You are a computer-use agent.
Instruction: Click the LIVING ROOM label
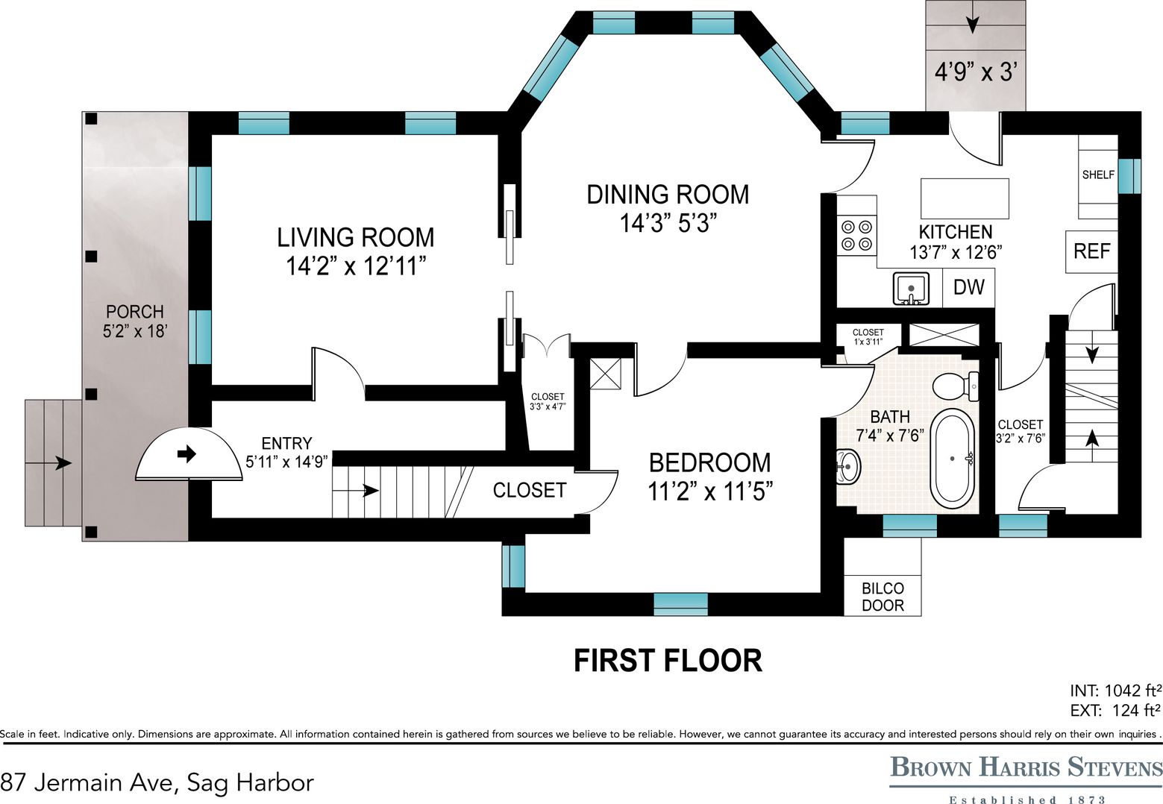pos(356,238)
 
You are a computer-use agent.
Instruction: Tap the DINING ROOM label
pos(668,195)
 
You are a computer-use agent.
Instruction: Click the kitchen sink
pos(911,289)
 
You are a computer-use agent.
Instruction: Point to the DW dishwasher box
pos(969,287)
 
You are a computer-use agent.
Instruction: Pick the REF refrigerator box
pos(1091,252)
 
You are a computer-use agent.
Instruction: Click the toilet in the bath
pos(956,386)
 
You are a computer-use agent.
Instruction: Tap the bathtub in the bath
pos(952,459)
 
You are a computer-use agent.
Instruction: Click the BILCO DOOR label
pos(883,597)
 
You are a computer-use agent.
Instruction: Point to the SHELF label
pos(1098,175)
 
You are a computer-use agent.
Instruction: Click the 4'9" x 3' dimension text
pos(976,72)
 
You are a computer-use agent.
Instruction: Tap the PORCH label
pos(135,312)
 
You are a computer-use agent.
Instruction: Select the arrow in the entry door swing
pos(187,453)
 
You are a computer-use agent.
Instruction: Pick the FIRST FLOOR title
pos(668,660)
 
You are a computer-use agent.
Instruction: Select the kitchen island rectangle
pos(965,199)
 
